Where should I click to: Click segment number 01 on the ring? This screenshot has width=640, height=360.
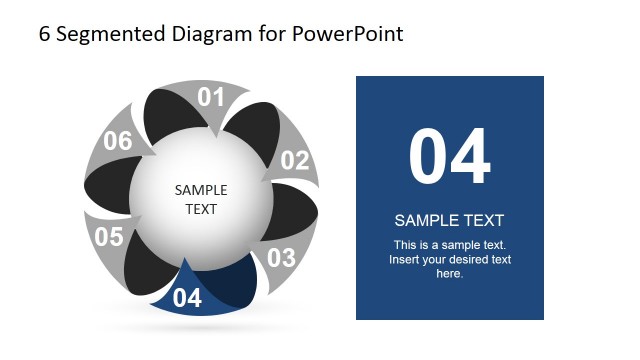tap(211, 97)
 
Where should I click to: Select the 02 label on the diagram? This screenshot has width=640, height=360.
tap(295, 161)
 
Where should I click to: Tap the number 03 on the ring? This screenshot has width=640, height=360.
tap(281, 258)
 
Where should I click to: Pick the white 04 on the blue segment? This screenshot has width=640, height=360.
tap(187, 297)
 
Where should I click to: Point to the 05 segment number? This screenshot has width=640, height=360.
tap(108, 237)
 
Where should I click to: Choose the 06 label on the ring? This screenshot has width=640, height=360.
tap(118, 142)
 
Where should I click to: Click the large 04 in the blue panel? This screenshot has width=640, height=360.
tap(449, 157)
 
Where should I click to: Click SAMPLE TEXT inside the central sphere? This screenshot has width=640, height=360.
tap(201, 200)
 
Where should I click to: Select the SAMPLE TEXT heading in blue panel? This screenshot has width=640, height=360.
tap(449, 221)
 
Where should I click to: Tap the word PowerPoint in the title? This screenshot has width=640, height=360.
tap(348, 34)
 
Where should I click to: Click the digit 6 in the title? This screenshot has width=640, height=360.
tap(44, 34)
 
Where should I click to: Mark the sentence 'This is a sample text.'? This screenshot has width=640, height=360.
tap(450, 245)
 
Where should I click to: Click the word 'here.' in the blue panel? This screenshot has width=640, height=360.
tap(450, 273)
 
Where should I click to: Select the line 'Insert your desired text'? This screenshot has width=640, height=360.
tap(450, 259)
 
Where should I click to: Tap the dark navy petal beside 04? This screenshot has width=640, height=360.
tap(230, 285)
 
